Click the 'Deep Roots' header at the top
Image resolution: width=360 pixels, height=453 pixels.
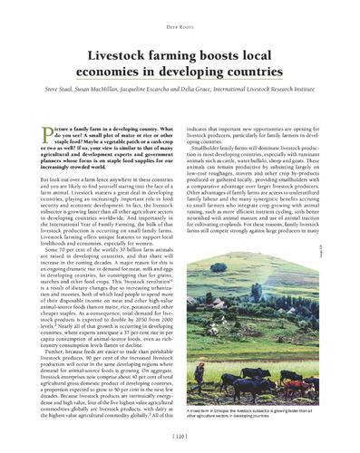pyautogui.click(x=180, y=14)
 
